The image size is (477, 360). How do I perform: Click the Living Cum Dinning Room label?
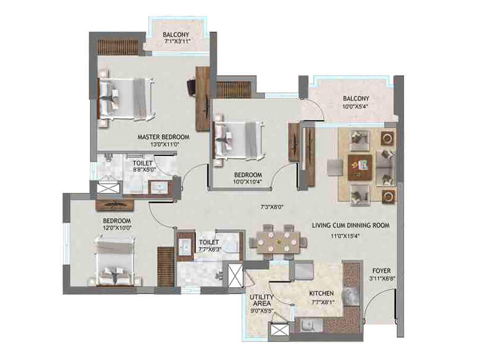click(350, 225)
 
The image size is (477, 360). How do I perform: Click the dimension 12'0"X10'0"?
click(117, 228)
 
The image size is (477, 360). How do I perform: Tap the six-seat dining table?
click(278, 241)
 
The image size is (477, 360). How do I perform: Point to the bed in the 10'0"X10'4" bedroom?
click(238, 139)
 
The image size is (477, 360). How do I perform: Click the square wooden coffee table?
click(360, 166)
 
